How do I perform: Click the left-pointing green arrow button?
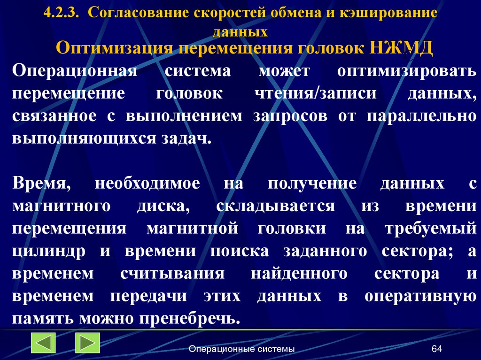[43, 343]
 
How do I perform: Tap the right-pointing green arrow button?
[87, 343]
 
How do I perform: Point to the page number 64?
[437, 349]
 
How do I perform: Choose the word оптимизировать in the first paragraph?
[406, 72]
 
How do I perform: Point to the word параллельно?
[420, 116]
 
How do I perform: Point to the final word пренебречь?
[189, 318]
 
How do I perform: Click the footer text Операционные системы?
[242, 349]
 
